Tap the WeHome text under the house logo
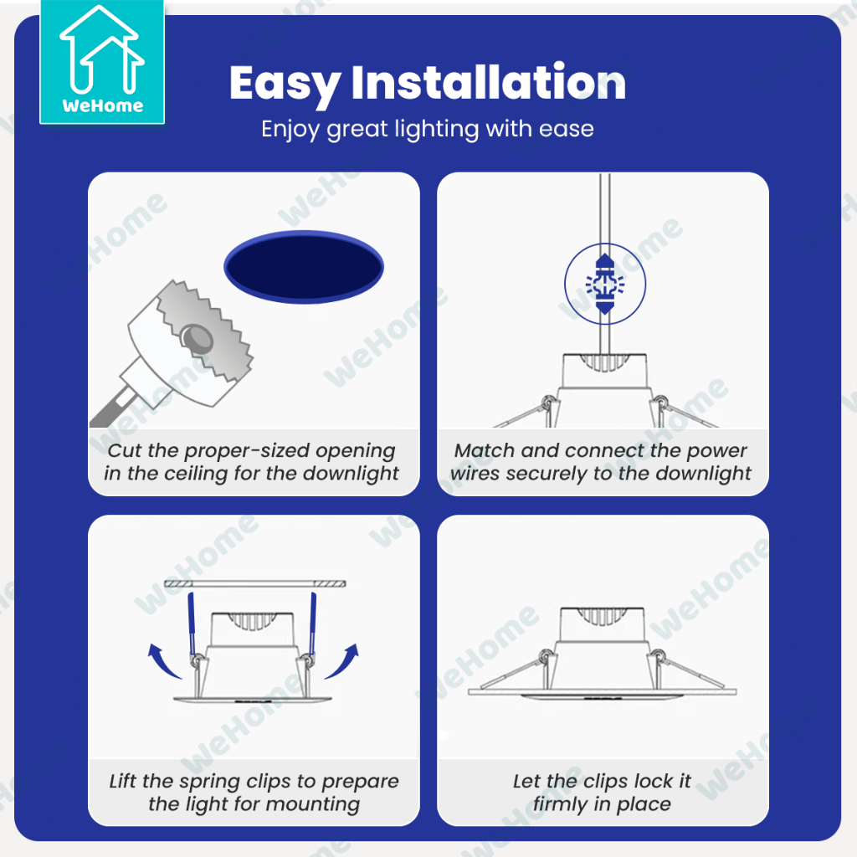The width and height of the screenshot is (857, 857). [x=103, y=105]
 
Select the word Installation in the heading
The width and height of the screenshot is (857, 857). [x=489, y=82]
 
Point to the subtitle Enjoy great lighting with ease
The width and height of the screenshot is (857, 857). [x=428, y=130]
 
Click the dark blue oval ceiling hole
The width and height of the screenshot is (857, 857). [x=304, y=267]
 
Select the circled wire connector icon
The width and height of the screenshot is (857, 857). [x=605, y=284]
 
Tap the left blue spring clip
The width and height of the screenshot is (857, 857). [x=192, y=624]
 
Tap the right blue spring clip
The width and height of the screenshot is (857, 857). [x=313, y=624]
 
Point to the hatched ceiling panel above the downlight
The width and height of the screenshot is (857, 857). [x=254, y=583]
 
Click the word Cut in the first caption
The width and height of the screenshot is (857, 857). [x=126, y=450]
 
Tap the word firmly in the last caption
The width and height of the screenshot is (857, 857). [x=561, y=804]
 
